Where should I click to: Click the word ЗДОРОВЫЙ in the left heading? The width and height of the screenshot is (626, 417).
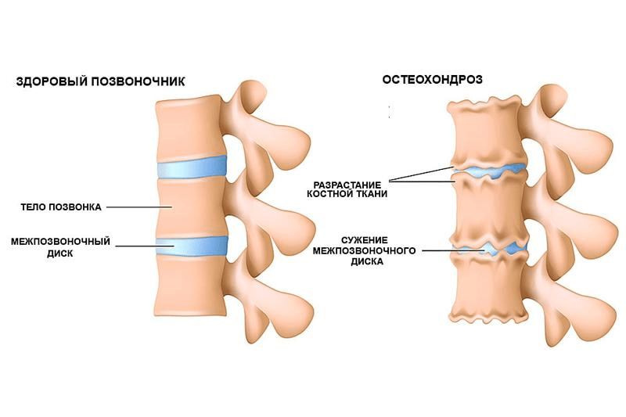pos(52,81)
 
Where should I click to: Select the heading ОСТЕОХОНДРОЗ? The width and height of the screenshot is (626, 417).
pos(433,79)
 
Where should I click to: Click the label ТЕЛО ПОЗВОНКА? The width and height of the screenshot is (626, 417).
pos(61,207)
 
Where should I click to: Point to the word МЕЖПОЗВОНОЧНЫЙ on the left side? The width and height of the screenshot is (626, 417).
pos(61,242)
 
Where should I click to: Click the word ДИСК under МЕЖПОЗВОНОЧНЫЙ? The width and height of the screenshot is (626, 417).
pos(60,253)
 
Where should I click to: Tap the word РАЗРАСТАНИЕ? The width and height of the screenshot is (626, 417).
pos(347,185)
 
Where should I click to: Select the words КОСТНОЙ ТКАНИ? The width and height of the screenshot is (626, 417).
pos(347,194)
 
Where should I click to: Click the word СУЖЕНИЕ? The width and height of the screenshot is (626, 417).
pos(365,240)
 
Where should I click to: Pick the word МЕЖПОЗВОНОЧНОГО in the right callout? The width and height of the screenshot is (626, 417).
pos(364,251)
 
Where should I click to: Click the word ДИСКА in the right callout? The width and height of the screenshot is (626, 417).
pos(367,262)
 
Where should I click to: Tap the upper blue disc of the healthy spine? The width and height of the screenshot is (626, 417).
pos(192,167)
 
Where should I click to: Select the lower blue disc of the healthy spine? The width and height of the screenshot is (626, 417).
pos(192,246)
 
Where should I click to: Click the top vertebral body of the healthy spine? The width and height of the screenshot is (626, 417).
pos(189,128)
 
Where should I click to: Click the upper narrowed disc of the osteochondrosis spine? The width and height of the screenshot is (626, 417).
pos(488,171)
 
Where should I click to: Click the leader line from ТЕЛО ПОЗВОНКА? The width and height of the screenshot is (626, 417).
pos(139,207)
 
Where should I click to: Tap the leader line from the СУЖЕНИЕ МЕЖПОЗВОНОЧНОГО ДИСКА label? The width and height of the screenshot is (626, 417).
pos(454,250)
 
